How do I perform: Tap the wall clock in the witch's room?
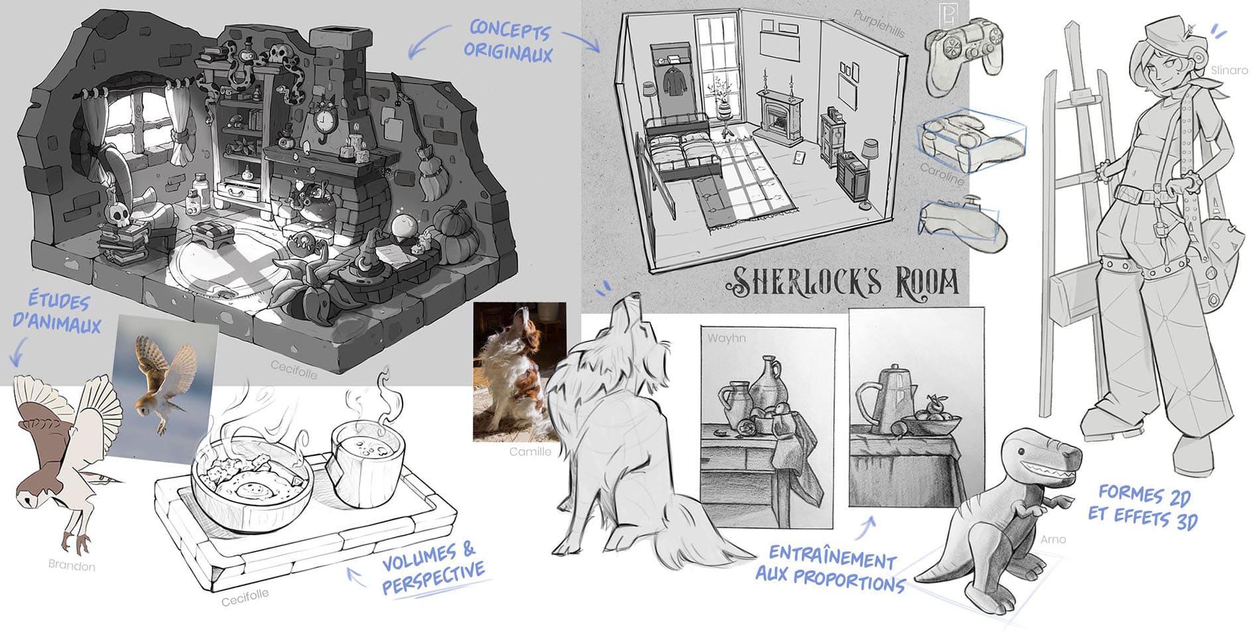[x=324, y=121]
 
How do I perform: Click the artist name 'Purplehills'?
[x=879, y=25]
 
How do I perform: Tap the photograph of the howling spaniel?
[x=519, y=372]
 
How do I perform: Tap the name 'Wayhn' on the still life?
[x=726, y=338]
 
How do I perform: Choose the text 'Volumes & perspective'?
[x=433, y=567]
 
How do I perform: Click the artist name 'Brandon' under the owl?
[x=72, y=565]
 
